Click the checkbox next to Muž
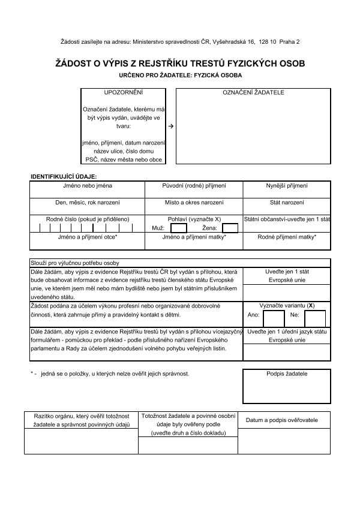pyautogui.click(x=179, y=228)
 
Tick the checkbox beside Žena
pyautogui.click(x=230, y=228)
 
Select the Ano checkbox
pyautogui.click(x=274, y=319)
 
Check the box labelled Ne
pyautogui.click(x=314, y=319)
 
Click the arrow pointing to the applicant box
pyautogui.click(x=170, y=127)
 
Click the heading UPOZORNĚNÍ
pyautogui.click(x=124, y=93)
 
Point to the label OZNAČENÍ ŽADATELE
pyautogui.click(x=253, y=93)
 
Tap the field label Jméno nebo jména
pyautogui.click(x=88, y=186)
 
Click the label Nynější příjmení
pyautogui.click(x=287, y=186)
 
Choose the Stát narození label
pyautogui.click(x=287, y=203)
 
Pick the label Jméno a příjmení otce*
pyautogui.click(x=88, y=237)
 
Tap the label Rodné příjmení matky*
pyautogui.click(x=287, y=237)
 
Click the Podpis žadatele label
pyautogui.click(x=287, y=374)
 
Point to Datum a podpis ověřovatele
pyautogui.click(x=281, y=420)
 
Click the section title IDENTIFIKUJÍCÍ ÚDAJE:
pyautogui.click(x=64, y=176)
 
